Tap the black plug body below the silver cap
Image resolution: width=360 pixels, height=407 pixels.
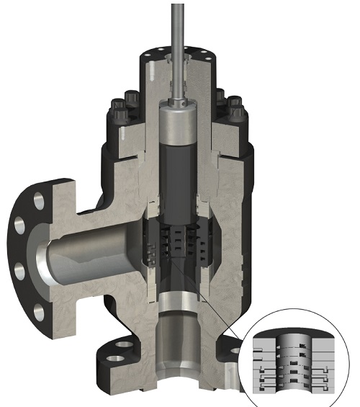176,173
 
